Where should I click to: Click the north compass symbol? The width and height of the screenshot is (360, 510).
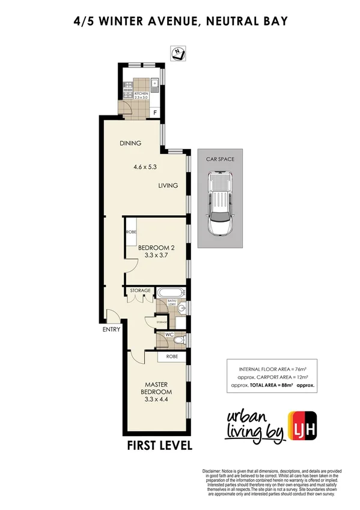pyautogui.click(x=178, y=53)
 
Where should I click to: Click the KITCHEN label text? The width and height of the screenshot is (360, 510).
pyautogui.click(x=141, y=94)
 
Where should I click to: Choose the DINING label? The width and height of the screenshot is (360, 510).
pyautogui.click(x=130, y=143)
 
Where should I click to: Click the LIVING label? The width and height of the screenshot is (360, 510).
pyautogui.click(x=168, y=185)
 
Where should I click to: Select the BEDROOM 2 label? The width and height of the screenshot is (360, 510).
pyautogui.click(x=156, y=247)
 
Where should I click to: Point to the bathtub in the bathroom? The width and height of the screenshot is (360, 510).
pyautogui.click(x=171, y=294)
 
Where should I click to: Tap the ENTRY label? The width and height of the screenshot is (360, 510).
pyautogui.click(x=112, y=329)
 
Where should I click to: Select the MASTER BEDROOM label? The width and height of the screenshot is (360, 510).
pyautogui.click(x=155, y=389)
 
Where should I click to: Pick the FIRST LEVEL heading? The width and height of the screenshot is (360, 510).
pyautogui.click(x=159, y=446)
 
